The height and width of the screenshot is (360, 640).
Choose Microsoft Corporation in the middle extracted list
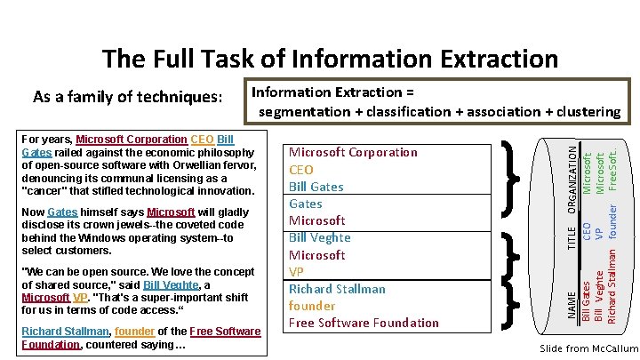(353, 152)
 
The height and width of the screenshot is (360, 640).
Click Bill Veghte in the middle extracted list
(320, 237)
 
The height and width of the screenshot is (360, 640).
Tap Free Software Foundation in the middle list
(364, 323)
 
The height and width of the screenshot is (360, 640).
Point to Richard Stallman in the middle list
(337, 289)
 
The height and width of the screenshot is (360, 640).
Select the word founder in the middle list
(312, 306)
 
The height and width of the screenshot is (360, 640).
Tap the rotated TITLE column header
(572, 236)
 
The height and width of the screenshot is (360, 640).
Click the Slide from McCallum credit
(588, 348)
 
